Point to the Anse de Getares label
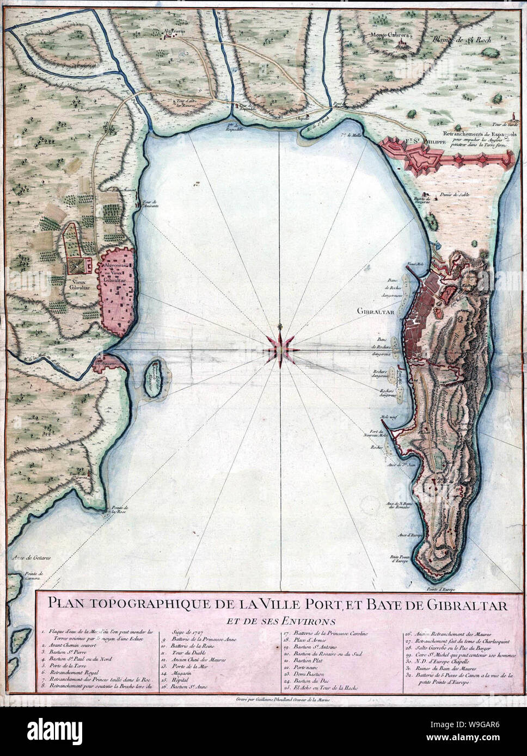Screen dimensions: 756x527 [32, 558]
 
